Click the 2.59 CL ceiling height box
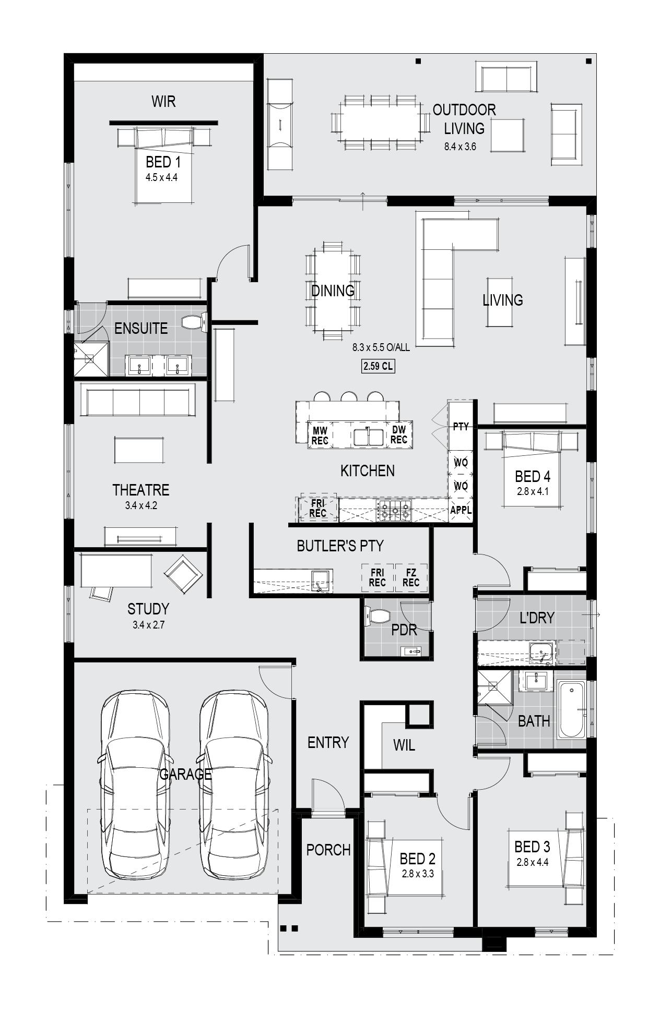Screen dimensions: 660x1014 coord(378,366)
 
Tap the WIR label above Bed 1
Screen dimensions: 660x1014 coord(163,101)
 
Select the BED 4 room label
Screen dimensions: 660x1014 coord(532,476)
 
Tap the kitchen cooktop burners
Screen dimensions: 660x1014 coord(394,510)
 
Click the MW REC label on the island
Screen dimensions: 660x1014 coord(320,436)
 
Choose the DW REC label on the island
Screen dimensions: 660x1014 coord(398,434)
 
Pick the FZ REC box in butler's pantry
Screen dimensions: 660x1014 coord(411,577)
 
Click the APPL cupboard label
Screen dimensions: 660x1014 coord(461,511)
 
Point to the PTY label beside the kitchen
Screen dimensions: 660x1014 coord(461,427)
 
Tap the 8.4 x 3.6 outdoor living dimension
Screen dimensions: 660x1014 coord(460,147)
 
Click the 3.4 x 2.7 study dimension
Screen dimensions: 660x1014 coord(148,624)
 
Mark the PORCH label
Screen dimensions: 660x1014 coord(328,850)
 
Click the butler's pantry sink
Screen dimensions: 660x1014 coord(320,580)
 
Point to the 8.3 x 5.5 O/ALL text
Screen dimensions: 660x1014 coord(381,347)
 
